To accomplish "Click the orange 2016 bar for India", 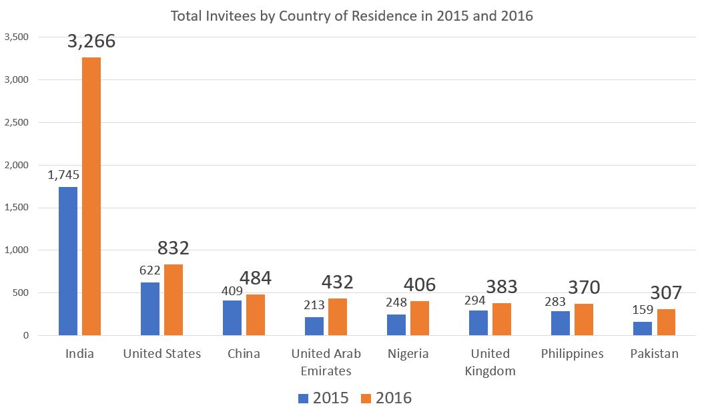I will tap(91, 196).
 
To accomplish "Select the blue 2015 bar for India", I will tap(68, 261).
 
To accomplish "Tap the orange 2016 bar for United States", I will tap(173, 300).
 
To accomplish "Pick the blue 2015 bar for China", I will tap(232, 318).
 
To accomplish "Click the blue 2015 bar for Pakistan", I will tap(643, 329).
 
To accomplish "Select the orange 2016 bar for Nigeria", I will tap(420, 318).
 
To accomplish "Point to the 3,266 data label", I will tap(91, 41).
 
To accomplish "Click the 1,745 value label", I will tap(63, 176).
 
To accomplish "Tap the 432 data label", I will tap(338, 282).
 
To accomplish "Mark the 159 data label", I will tap(642, 310).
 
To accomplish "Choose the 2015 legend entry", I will tap(324, 398).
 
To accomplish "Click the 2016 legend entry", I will tap(386, 398).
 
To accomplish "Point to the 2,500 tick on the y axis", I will tap(17, 122).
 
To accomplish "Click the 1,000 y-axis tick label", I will tap(17, 250).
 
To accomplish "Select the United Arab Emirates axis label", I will tap(326, 362).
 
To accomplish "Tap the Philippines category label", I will tap(572, 354).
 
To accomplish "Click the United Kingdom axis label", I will tap(490, 362).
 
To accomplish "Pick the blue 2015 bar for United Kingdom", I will tap(478, 323).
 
